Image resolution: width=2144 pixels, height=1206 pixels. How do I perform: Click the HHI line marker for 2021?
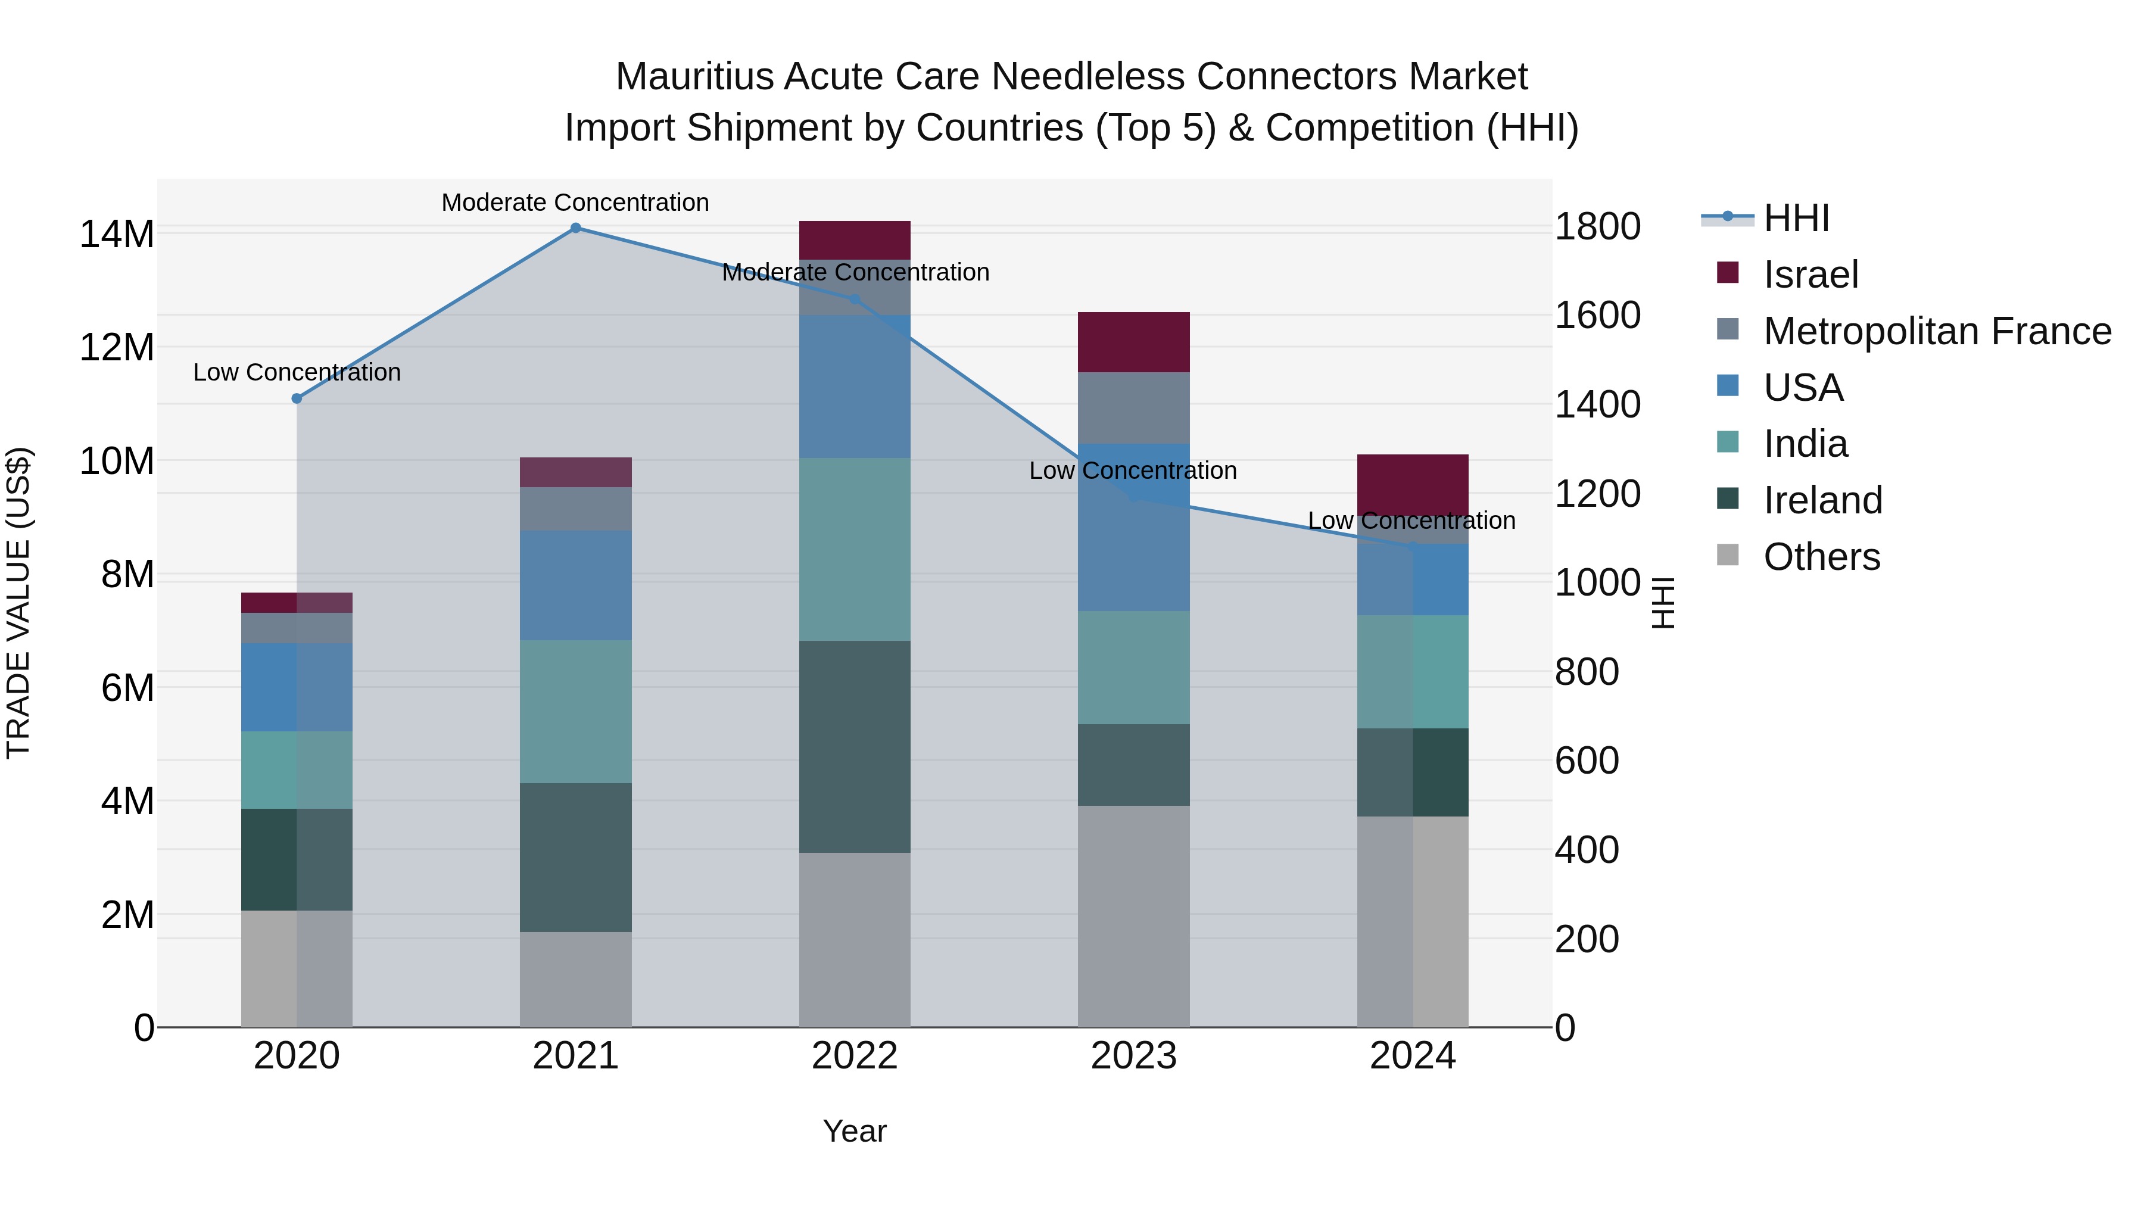pos(575,228)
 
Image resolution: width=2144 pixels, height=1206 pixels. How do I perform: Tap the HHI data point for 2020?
pos(297,398)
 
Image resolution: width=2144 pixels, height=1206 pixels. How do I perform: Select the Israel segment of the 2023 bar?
pos(1133,342)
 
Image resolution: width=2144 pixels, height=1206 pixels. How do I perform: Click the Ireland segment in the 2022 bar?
pos(855,747)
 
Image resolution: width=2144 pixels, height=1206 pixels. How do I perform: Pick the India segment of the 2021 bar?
pos(575,712)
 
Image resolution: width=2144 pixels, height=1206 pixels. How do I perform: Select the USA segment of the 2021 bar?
pos(575,585)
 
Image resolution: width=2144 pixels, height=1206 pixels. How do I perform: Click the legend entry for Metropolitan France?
pos(1937,331)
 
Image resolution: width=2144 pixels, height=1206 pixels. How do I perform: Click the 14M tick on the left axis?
pos(117,234)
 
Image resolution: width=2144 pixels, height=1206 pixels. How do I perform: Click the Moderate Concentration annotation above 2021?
pos(575,202)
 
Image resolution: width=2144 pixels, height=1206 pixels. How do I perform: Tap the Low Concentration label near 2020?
pos(297,372)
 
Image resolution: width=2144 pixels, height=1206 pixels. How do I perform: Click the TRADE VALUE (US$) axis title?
pos(18,603)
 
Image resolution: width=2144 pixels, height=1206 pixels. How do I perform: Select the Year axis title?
pos(855,1131)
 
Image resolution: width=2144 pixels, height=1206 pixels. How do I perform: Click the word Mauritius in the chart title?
pos(694,77)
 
